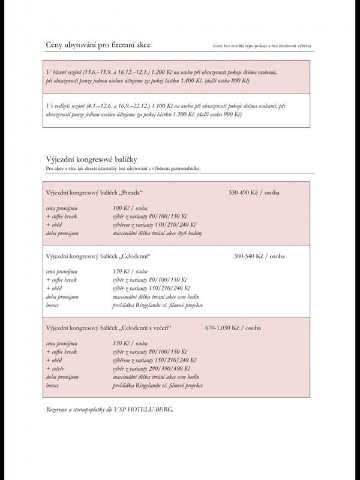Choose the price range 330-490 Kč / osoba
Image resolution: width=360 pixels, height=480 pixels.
254,193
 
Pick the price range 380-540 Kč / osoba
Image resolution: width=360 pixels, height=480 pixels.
259,256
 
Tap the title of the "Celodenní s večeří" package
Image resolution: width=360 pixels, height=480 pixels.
109,328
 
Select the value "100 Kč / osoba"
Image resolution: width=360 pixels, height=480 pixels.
130,208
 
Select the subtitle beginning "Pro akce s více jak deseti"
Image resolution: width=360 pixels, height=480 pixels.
123,169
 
